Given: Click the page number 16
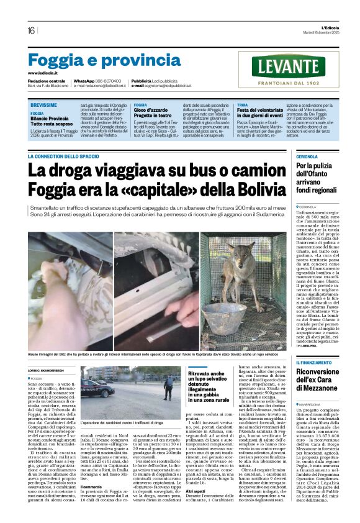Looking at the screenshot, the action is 31,30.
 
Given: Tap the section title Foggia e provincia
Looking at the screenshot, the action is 96,61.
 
